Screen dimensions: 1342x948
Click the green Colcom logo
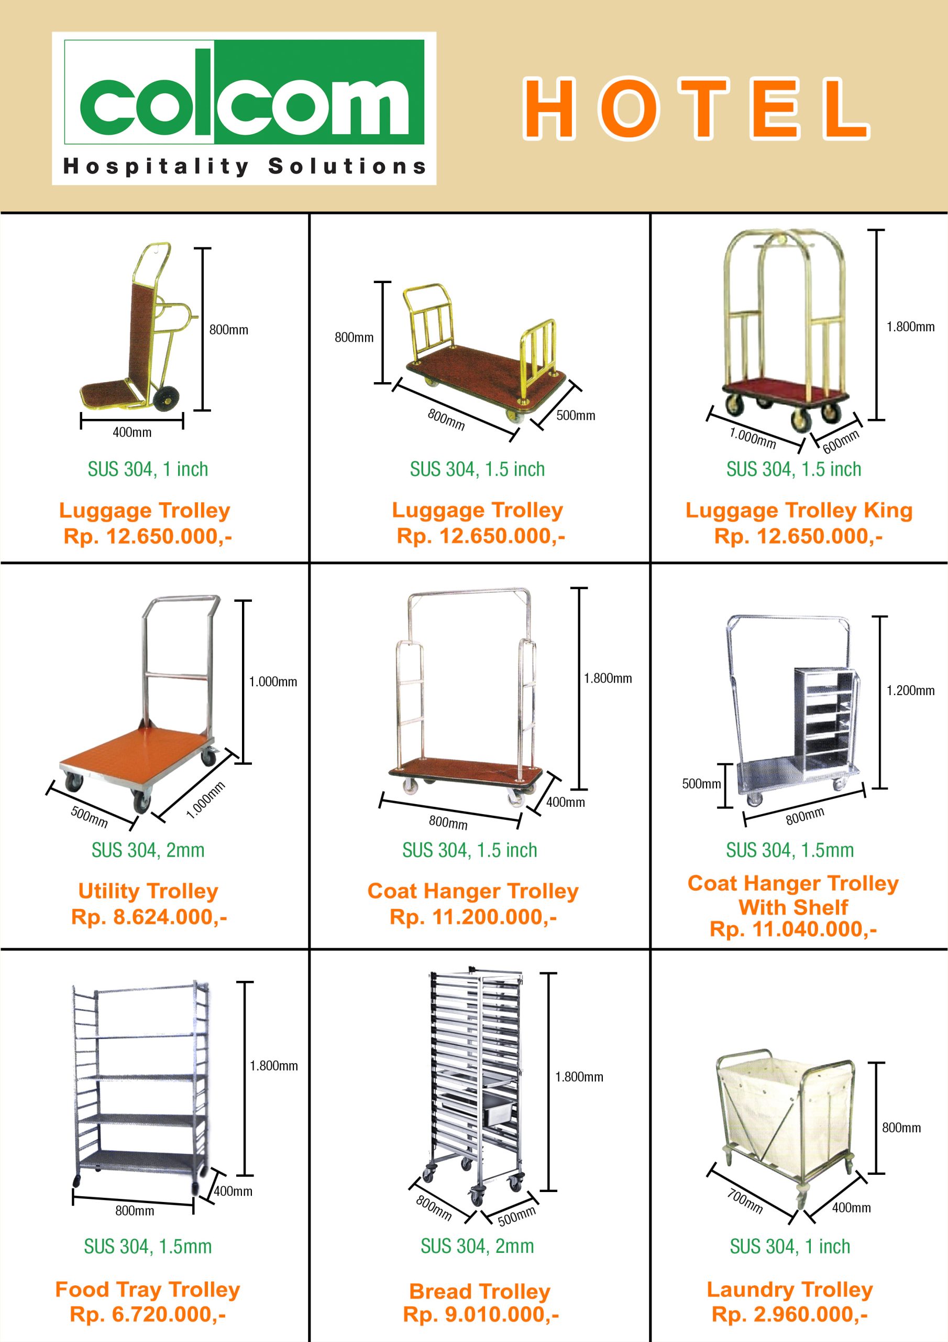[x=244, y=92]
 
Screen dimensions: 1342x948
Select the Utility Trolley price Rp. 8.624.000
[x=149, y=916]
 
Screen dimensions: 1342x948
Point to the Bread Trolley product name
[x=480, y=1291]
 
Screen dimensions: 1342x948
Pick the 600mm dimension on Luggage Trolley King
[x=841, y=441]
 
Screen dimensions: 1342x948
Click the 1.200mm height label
[x=910, y=690]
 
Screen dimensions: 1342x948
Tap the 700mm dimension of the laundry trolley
[x=745, y=1201]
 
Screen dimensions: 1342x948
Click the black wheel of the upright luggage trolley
[x=167, y=397]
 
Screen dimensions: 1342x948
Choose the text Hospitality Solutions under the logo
[x=244, y=166]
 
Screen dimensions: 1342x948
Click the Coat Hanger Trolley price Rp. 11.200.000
[x=473, y=916]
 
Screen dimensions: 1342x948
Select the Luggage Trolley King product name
[x=799, y=510]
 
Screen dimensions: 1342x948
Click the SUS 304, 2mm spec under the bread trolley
[x=477, y=1246]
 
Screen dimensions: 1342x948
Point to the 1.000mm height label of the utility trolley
[x=273, y=681]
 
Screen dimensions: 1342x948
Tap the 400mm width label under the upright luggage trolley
[x=132, y=432]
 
